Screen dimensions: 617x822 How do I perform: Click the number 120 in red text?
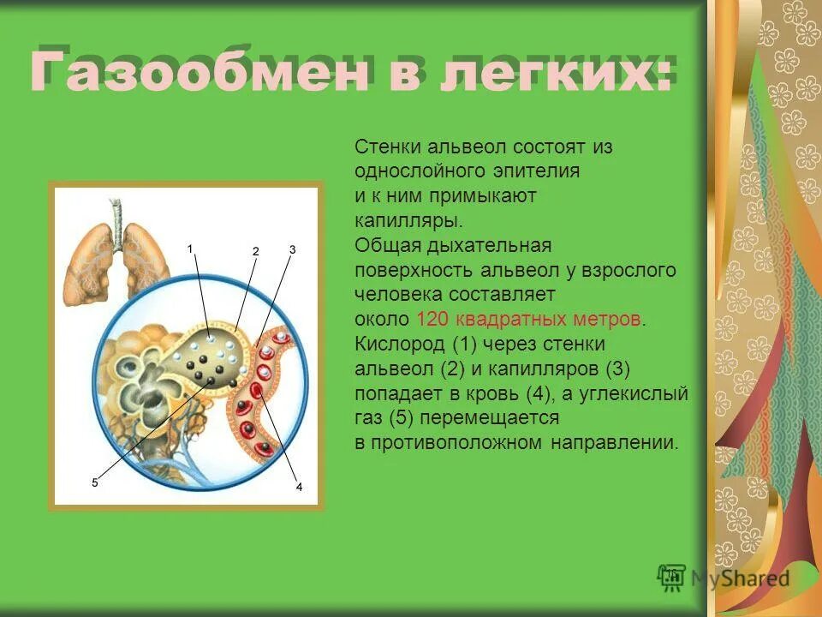pos(433,320)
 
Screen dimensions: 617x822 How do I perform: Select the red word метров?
pos(606,320)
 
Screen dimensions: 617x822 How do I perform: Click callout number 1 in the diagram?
pos(191,248)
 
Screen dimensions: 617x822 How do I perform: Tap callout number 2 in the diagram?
pos(255,251)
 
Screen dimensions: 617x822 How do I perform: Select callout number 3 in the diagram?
pos(292,249)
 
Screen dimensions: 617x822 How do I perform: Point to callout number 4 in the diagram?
pos(299,487)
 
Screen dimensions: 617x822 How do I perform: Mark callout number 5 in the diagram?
pos(95,483)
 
